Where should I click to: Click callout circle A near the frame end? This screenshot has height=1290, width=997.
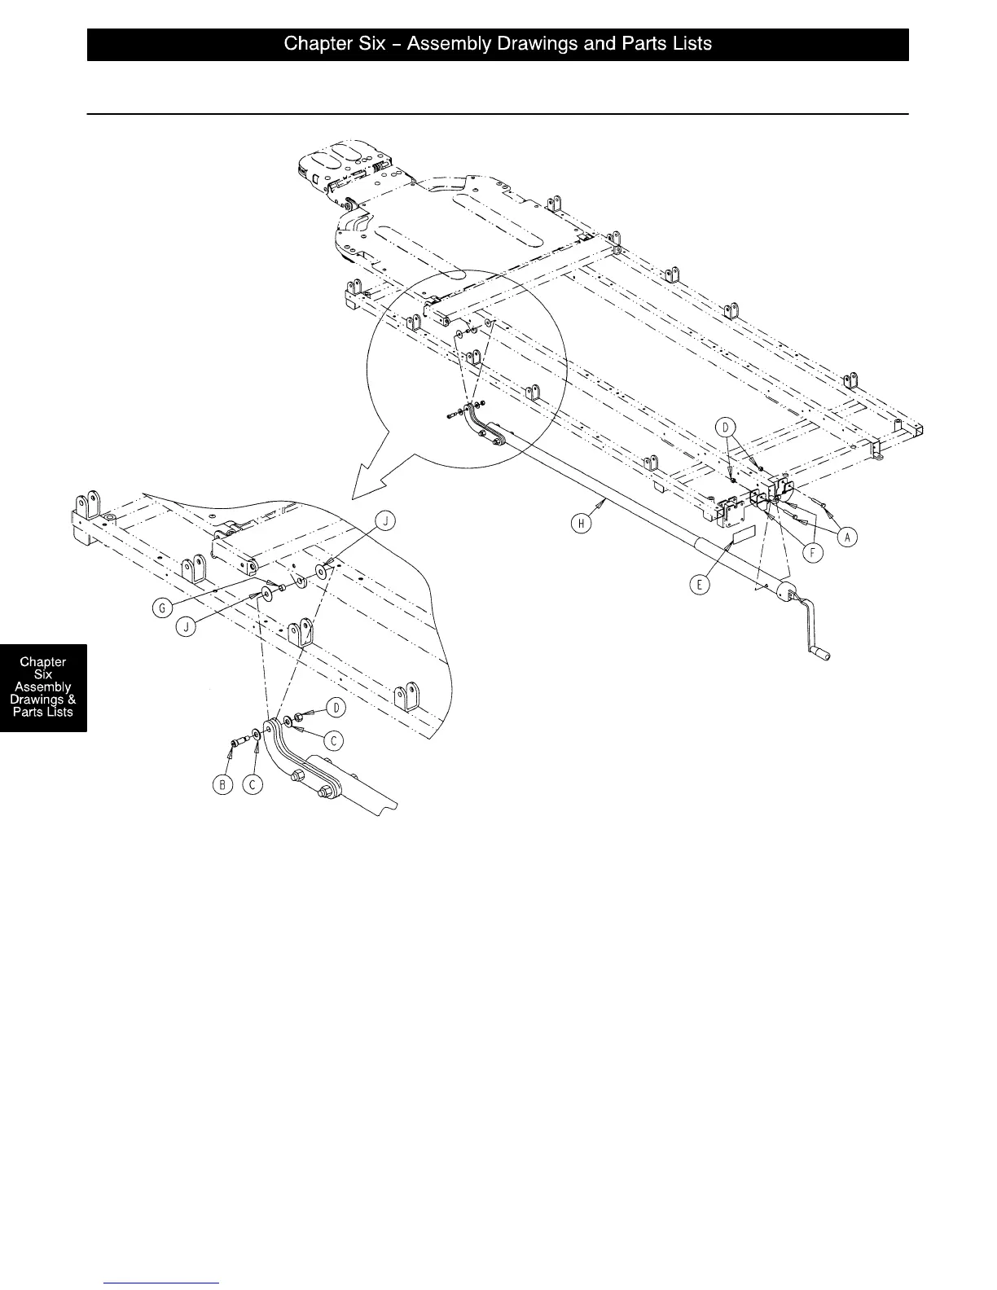pos(848,537)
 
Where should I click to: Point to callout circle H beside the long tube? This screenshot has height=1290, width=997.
pos(581,524)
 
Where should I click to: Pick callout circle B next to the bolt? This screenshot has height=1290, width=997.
pos(221,784)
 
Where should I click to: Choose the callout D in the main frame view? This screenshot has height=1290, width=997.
pos(726,427)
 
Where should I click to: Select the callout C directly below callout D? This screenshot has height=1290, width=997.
pos(332,740)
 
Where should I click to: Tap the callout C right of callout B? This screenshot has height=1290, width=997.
pos(255,784)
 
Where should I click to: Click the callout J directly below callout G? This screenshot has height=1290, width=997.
pos(187,629)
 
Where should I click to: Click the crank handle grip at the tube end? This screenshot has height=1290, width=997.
pos(823,652)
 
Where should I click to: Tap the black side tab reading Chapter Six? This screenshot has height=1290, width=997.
pos(43,687)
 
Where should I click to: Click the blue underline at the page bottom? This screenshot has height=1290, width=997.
pos(162,1283)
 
